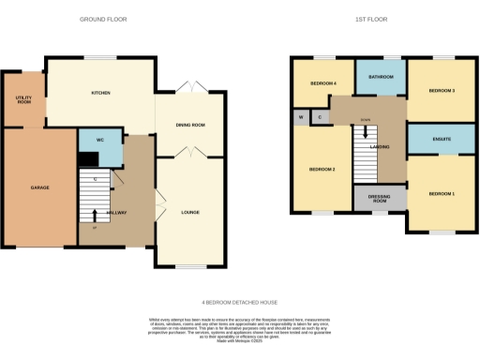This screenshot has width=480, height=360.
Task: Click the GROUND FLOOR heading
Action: pos(103,19)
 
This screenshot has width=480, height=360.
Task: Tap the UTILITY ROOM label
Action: pos(23,98)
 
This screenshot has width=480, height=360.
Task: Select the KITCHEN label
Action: pos(101,93)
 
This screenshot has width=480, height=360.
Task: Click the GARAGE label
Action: pos(40,187)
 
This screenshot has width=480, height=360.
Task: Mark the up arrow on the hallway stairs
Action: pos(95,215)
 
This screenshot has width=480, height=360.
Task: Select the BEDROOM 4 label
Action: pos(323,84)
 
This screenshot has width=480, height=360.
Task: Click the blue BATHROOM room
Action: pos(381,77)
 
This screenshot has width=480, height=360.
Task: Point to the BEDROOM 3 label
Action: pos(442,91)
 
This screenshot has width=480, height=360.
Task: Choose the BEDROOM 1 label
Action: pos(442,193)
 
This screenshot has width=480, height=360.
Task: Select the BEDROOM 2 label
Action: pos(323,169)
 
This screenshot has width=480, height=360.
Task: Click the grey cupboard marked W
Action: pos(300,117)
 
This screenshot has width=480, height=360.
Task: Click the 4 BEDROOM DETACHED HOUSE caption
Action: pos(240,302)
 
